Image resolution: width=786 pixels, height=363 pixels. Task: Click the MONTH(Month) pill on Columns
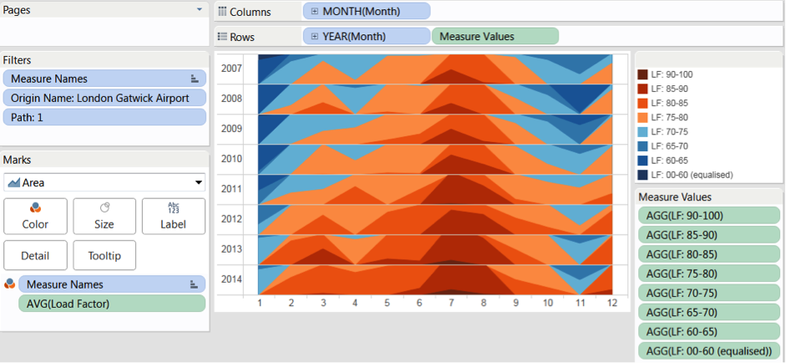click(367, 12)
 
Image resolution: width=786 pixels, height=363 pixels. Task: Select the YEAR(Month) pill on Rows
click(367, 36)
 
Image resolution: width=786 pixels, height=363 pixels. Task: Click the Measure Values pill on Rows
click(494, 36)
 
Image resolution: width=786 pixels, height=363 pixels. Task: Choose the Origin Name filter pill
click(104, 98)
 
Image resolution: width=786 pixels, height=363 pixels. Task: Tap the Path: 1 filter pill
click(104, 117)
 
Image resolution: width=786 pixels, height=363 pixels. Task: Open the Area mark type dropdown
click(104, 182)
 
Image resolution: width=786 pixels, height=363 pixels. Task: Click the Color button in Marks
click(35, 216)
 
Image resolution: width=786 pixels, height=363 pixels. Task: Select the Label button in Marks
click(174, 216)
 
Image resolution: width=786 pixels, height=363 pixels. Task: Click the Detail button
click(35, 256)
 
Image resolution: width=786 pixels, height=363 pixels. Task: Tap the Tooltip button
click(104, 256)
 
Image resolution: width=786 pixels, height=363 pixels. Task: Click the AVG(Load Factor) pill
click(112, 304)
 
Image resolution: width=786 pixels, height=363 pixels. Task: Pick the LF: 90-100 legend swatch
click(642, 74)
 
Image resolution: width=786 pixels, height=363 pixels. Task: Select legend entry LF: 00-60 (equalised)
click(685, 175)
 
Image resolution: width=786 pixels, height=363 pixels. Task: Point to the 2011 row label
click(231, 189)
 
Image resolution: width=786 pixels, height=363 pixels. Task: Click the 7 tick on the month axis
click(451, 303)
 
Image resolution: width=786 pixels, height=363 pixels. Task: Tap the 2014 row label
click(231, 279)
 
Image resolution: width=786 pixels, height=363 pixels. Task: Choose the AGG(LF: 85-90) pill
click(709, 234)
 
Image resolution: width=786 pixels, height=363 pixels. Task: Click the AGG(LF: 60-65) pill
click(709, 332)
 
